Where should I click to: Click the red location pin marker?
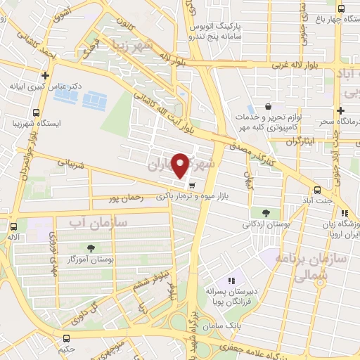pyautogui.click(x=181, y=165)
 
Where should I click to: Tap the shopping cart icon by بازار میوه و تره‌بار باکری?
pyautogui.click(x=191, y=186)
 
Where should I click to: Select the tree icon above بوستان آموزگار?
pyautogui.click(x=91, y=247)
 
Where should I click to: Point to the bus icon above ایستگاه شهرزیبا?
pyautogui.click(x=36, y=112)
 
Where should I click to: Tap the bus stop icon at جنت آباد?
pyautogui.click(x=318, y=190)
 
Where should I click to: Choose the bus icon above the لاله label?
pyautogui.click(x=13, y=226)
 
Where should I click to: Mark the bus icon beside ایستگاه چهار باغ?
pyautogui.click(x=341, y=8)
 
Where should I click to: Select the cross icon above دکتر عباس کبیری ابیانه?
pyautogui.click(x=46, y=75)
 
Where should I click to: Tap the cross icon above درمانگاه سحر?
pyautogui.click(x=340, y=110)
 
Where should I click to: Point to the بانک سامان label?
pyautogui.click(x=230, y=326)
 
